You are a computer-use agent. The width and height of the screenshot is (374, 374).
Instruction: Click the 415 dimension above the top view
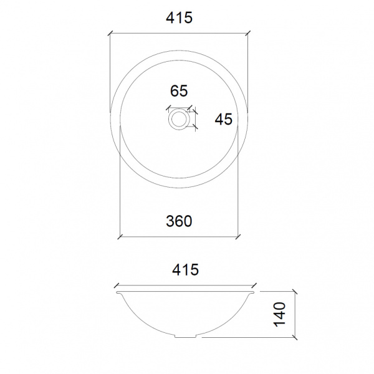point(179,18)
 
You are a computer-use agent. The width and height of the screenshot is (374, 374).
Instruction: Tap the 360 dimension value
point(178,221)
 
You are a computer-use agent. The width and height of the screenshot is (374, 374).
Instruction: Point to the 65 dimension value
point(179,91)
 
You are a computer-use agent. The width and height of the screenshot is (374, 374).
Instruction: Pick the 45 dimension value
point(223,118)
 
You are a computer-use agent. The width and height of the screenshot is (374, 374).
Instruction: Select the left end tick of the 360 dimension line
point(120,236)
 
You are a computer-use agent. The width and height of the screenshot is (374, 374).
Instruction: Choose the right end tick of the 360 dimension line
point(239,236)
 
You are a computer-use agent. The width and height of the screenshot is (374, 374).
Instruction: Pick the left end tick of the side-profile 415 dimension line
point(116,286)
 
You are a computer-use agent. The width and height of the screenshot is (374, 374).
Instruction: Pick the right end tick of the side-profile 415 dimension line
point(255,286)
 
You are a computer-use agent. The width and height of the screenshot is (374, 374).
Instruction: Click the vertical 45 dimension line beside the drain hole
point(196,118)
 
